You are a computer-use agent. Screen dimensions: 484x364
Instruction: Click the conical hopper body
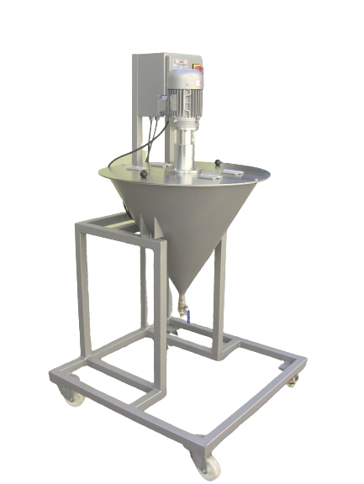click(181, 227)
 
